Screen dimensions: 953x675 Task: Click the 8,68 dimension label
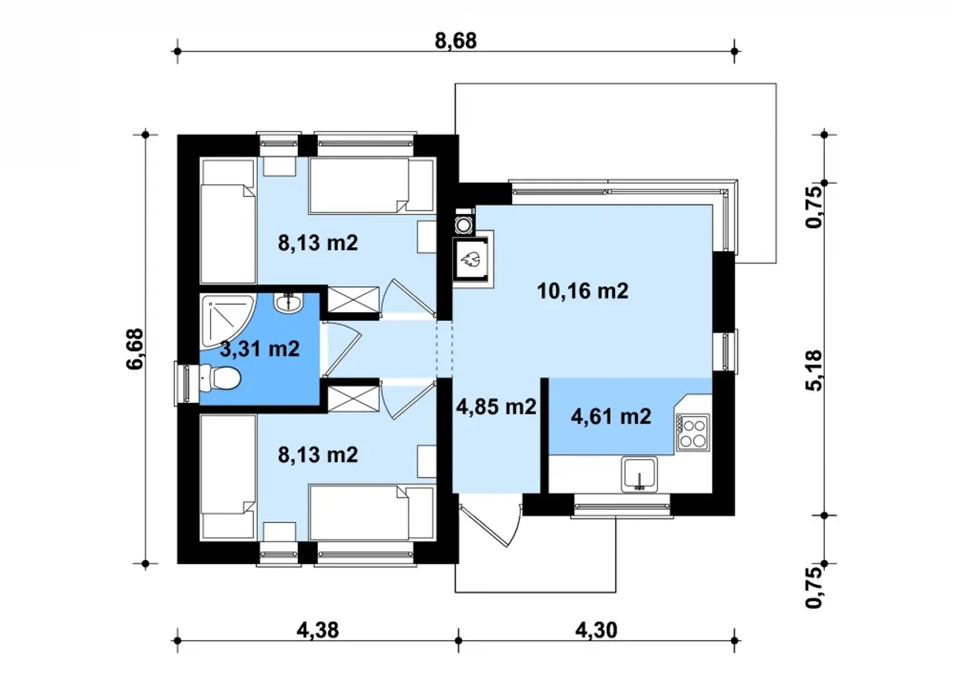click(x=456, y=41)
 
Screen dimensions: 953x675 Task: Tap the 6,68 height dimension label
click(x=136, y=349)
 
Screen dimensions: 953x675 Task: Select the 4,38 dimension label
click(x=318, y=630)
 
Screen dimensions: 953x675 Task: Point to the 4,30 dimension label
click(x=596, y=630)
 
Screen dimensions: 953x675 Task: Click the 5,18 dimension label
click(x=814, y=370)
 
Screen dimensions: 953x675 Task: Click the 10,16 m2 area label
click(x=582, y=291)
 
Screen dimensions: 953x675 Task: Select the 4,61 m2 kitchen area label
click(x=611, y=416)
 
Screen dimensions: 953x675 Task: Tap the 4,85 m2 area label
click(x=496, y=408)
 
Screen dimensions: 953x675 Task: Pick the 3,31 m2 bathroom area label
click(x=260, y=349)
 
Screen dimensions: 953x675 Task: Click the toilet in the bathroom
click(x=220, y=378)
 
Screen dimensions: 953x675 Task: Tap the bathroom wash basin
click(x=288, y=302)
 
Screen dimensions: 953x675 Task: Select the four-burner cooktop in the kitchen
click(x=692, y=432)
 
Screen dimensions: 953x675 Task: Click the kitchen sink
click(x=639, y=474)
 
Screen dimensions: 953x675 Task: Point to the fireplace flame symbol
click(x=471, y=259)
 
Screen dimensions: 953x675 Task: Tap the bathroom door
click(x=342, y=349)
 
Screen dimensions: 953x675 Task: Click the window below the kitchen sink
click(x=622, y=507)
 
